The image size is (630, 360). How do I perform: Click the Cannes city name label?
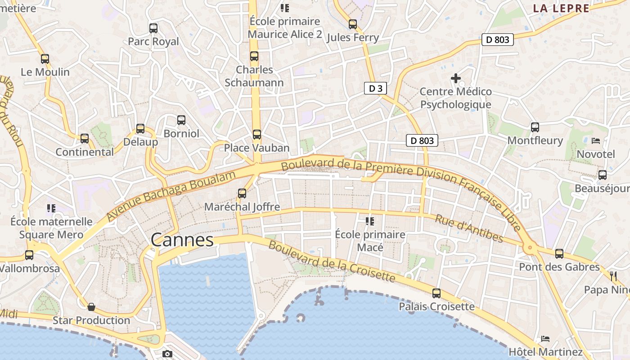pyautogui.click(x=182, y=240)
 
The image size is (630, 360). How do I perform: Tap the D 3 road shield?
pyautogui.click(x=375, y=88)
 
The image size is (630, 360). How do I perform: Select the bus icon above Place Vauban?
pyautogui.click(x=256, y=134)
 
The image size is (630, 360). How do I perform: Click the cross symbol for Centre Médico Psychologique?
pyautogui.click(x=455, y=78)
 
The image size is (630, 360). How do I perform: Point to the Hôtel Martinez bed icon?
pyautogui.click(x=545, y=338)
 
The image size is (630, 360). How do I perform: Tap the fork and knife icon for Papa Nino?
pyautogui.click(x=613, y=276)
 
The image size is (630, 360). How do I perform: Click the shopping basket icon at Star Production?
pyautogui.click(x=91, y=307)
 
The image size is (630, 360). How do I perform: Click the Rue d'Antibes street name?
pyautogui.click(x=469, y=228)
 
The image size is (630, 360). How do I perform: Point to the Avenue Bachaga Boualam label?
pyautogui.click(x=171, y=196)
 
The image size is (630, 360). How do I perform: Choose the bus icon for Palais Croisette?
pyautogui.click(x=436, y=293)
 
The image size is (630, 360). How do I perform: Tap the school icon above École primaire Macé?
pyautogui.click(x=370, y=220)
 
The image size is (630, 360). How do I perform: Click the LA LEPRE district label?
pyautogui.click(x=561, y=8)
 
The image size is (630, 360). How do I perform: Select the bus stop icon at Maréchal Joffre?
pyautogui.click(x=242, y=193)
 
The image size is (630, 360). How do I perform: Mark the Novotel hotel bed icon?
pyautogui.click(x=595, y=141)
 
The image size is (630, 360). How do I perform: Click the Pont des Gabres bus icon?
pyautogui.click(x=559, y=254)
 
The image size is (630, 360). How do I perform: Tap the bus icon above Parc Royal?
pyautogui.click(x=153, y=28)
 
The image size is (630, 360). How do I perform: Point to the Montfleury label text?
pyautogui.click(x=535, y=140)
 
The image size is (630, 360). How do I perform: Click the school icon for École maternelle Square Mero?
pyautogui.click(x=51, y=208)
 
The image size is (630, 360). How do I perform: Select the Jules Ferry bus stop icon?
pyautogui.click(x=353, y=24)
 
